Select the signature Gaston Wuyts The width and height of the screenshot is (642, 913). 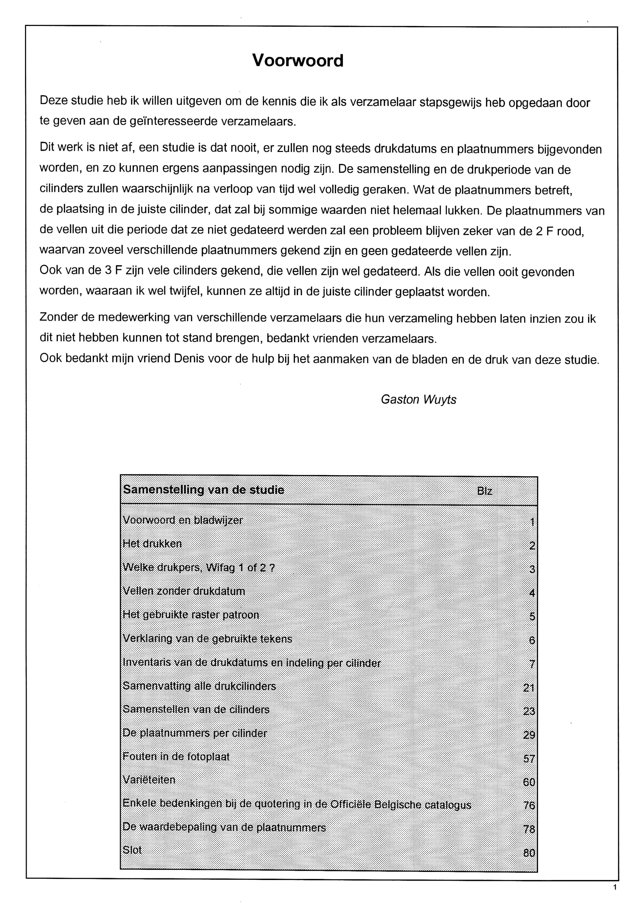418,399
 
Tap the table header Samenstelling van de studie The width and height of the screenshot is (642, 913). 204,489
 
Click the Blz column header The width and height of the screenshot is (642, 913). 484,491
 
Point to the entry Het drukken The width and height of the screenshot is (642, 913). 152,544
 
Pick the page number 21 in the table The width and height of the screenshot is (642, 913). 529,688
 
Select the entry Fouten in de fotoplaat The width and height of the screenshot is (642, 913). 176,756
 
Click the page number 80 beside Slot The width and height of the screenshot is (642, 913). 529,853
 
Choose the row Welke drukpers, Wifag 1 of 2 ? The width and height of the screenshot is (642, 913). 199,567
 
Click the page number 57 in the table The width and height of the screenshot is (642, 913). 529,759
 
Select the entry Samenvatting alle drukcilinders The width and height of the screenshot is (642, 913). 199,686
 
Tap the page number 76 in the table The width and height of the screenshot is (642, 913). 529,806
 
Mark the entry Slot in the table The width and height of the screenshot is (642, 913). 132,850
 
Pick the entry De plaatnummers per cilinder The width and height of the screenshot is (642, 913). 195,733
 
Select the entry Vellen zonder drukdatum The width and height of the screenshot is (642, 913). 184,591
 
